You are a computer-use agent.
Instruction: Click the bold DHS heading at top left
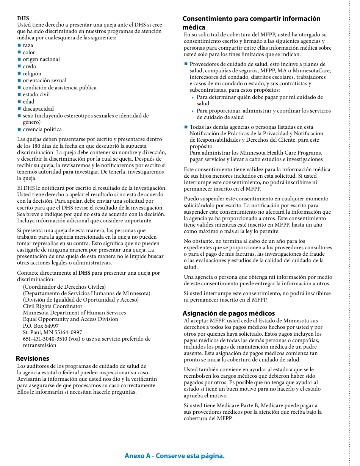point(23,18)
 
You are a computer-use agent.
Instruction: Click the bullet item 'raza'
point(28,45)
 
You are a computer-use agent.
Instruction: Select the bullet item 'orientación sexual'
point(44,80)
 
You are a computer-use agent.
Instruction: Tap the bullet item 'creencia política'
point(42,129)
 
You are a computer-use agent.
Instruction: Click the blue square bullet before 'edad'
point(19,102)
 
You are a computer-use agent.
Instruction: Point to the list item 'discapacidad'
point(38,109)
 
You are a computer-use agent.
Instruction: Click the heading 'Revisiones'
point(33,358)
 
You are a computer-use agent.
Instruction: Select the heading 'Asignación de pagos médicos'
point(229,313)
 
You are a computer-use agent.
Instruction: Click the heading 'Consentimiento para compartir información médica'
point(251,23)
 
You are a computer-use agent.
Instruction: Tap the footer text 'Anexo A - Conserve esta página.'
point(175,456)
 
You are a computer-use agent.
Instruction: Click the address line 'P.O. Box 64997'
point(41,326)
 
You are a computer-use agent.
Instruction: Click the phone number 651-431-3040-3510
point(45,339)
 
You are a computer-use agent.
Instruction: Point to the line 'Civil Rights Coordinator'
point(53,306)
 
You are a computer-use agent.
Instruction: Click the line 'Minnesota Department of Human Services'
point(74,313)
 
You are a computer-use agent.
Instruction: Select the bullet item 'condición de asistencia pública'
point(59,88)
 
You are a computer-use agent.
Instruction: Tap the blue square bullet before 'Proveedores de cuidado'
point(186,64)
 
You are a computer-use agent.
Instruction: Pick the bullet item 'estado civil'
point(36,94)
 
